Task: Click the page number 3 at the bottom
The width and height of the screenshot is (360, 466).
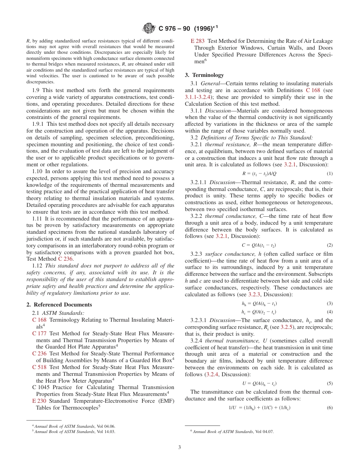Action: coord(180,447)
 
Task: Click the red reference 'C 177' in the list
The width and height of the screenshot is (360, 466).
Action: coord(39,333)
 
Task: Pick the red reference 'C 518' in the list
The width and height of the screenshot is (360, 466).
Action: coord(39,367)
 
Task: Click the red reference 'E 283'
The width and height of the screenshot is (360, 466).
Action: coord(198,41)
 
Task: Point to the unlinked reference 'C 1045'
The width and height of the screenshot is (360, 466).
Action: coord(41,388)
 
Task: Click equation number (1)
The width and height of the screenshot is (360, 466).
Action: coord(329,174)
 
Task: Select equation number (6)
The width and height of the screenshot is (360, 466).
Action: coord(329,408)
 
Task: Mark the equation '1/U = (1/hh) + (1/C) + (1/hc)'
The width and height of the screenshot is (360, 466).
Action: coord(260,408)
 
